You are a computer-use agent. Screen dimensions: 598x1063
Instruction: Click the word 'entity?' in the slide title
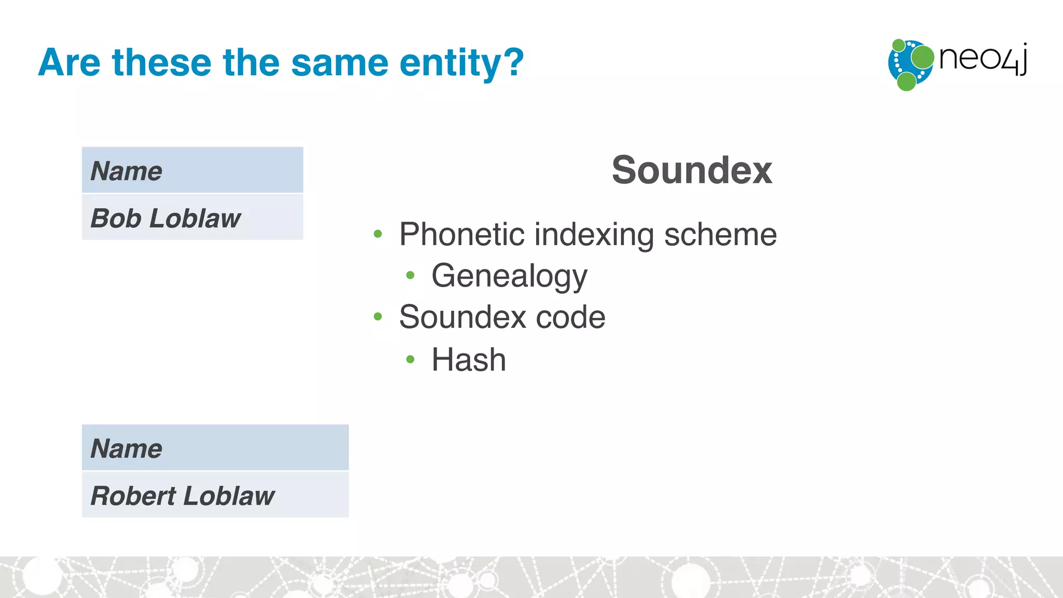[461, 63]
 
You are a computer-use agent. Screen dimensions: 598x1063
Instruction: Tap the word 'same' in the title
[339, 63]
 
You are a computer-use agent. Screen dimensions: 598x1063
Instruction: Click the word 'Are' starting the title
[69, 63]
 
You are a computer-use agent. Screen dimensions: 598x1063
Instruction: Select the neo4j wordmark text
[983, 58]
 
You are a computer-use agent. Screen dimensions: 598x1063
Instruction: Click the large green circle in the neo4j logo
[922, 57]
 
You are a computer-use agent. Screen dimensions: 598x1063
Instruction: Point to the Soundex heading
[691, 170]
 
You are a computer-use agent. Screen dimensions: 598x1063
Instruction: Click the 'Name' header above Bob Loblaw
[126, 171]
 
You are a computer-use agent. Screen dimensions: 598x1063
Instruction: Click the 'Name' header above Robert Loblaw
[126, 448]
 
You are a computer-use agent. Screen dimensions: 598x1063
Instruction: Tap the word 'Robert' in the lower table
[133, 496]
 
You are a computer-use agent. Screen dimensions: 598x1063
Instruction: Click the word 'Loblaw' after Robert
[229, 496]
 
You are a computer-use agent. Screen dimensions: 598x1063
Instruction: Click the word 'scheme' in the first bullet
[720, 235]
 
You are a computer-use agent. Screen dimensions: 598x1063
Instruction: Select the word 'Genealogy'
[509, 276]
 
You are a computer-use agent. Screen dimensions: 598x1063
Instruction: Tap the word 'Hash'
[469, 360]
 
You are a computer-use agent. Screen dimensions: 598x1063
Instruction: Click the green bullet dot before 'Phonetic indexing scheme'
[378, 234]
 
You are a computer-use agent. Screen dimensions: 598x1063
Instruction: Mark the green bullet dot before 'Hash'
[410, 359]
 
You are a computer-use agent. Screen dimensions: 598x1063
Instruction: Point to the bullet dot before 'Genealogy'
[410, 275]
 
